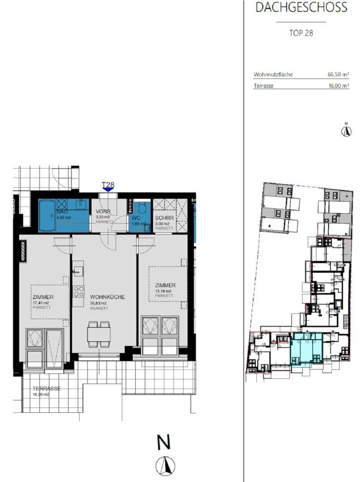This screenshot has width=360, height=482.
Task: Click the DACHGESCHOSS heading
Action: pyautogui.click(x=301, y=7)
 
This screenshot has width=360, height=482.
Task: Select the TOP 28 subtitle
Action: pyautogui.click(x=301, y=33)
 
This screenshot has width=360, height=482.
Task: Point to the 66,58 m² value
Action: pyautogui.click(x=338, y=75)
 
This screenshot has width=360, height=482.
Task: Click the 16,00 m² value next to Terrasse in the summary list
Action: pyautogui.click(x=338, y=87)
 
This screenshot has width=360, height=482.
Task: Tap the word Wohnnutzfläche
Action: pyautogui.click(x=273, y=75)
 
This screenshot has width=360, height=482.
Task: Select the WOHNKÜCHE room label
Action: pyautogui.click(x=107, y=297)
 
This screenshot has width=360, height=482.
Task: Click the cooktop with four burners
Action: pyautogui.click(x=79, y=292)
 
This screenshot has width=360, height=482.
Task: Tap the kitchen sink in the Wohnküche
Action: pyautogui.click(x=78, y=270)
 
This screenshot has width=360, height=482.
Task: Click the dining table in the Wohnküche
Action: pyautogui.click(x=99, y=334)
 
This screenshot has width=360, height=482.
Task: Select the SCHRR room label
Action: pyautogui.click(x=162, y=219)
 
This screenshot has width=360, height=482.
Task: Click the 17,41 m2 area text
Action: pyautogui.click(x=40, y=303)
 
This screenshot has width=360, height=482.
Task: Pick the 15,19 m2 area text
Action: pyautogui.click(x=163, y=291)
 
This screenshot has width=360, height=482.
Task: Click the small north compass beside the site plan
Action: pyautogui.click(x=345, y=131)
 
